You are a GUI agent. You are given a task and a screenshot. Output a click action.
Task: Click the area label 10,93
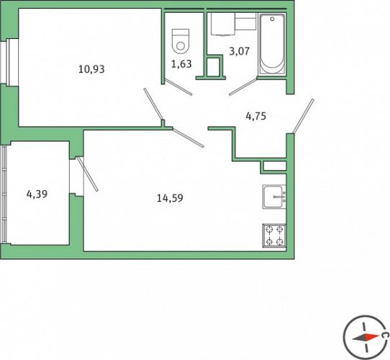click(91, 69)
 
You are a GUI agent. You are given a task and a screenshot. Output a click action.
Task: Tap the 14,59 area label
click(170, 198)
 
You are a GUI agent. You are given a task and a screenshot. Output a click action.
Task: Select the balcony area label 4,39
click(37, 194)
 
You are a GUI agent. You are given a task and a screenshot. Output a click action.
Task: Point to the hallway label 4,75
click(256, 116)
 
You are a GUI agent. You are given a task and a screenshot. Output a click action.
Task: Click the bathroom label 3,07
click(240, 51)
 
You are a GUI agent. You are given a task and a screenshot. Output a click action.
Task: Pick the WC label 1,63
click(181, 64)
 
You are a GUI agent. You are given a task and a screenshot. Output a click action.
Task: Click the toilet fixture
click(181, 42)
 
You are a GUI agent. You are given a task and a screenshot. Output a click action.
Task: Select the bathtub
click(272, 44)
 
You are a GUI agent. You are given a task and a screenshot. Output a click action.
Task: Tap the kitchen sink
click(274, 197)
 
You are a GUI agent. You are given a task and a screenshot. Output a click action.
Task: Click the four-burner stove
click(274, 235)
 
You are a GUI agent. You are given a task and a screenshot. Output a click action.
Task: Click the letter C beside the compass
click(385, 335)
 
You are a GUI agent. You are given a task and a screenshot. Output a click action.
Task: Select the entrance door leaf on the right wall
click(303, 116)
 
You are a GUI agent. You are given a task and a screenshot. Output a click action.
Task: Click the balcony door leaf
click(87, 174)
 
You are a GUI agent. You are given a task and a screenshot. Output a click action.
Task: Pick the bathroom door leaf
click(243, 86)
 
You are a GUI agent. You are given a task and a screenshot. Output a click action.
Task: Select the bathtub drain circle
click(273, 19)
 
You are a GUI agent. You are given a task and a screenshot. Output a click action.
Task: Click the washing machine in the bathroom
click(223, 24)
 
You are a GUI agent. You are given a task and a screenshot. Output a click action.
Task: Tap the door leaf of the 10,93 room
click(153, 104)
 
